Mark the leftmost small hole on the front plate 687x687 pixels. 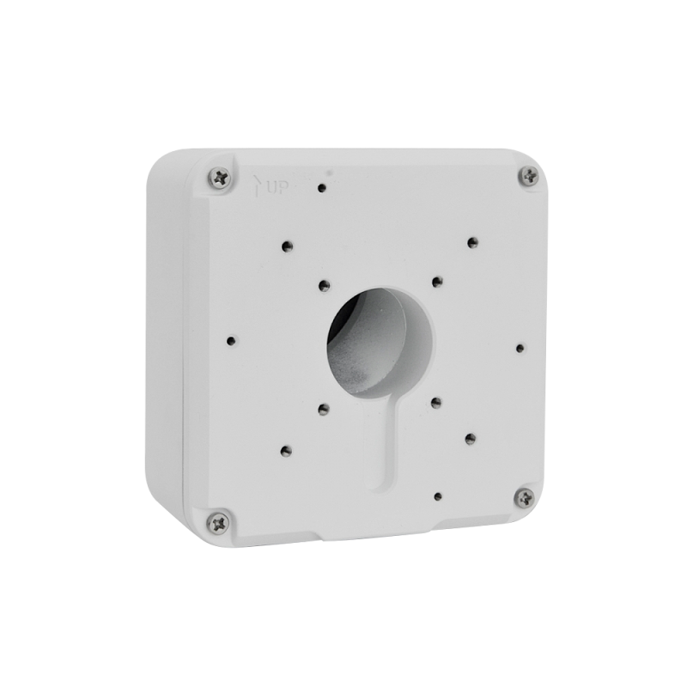coord(230,340)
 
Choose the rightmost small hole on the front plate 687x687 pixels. coord(520,347)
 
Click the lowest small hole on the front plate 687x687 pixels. coord(438,495)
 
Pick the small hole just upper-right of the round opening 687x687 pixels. coord(436,280)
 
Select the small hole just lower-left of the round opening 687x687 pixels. coord(322,408)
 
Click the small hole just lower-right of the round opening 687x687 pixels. coord(436,400)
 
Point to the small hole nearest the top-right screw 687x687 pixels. coord(471,241)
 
